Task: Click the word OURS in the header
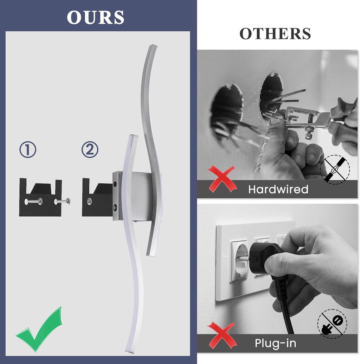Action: pos(95,17)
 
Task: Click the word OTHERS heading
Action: pos(275,34)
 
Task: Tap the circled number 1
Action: pos(28,149)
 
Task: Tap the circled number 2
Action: pos(90,149)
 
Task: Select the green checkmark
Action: pos(39,330)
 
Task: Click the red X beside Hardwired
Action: pos(221,179)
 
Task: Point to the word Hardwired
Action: pos(278,190)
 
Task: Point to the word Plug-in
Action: pos(275,343)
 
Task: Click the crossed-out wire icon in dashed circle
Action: pos(335,170)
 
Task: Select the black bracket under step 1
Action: pos(40,198)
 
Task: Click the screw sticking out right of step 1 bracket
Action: pos(62,201)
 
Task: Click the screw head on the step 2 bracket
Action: pos(89,201)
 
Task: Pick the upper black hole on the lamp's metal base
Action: pos(115,185)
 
